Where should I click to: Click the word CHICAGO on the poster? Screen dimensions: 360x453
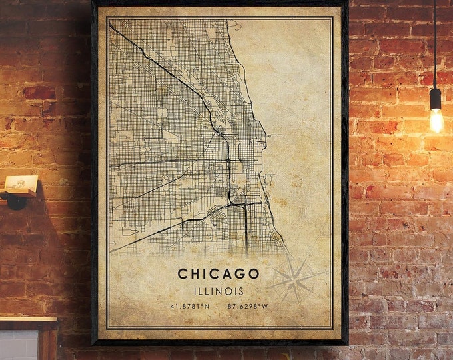tap(219, 273)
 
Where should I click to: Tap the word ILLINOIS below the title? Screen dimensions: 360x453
tap(219, 291)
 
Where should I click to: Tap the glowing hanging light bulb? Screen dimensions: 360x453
tap(436, 119)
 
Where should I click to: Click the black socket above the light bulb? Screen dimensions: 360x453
tap(436, 98)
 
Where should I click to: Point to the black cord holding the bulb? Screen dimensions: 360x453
tap(434, 40)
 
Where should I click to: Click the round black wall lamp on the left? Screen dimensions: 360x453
tap(14, 199)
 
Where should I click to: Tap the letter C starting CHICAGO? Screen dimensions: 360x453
tap(182, 273)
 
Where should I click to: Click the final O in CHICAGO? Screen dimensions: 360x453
tap(254, 273)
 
